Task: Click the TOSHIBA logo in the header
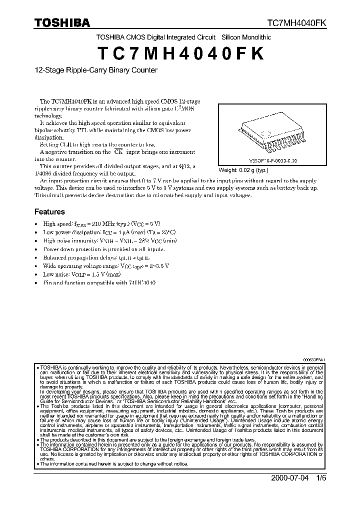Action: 62,23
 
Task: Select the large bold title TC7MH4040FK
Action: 180,53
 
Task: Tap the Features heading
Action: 49,211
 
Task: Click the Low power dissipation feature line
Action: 109,232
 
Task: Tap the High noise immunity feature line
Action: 110,240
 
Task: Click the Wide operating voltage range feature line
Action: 105,266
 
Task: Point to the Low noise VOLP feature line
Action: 87,274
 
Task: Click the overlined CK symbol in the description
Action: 118,151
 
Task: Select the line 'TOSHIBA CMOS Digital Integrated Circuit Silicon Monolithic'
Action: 183,37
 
